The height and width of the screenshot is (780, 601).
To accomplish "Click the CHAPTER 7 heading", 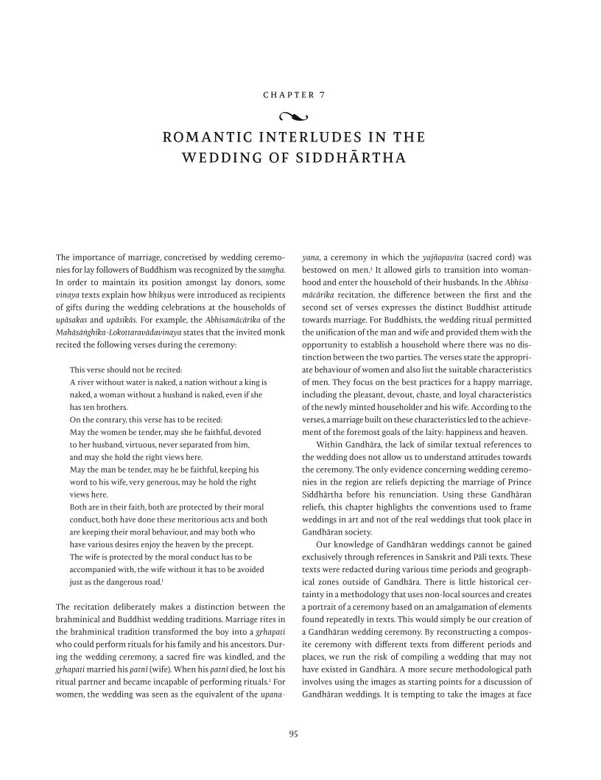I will pyautogui.click(x=300, y=95).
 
